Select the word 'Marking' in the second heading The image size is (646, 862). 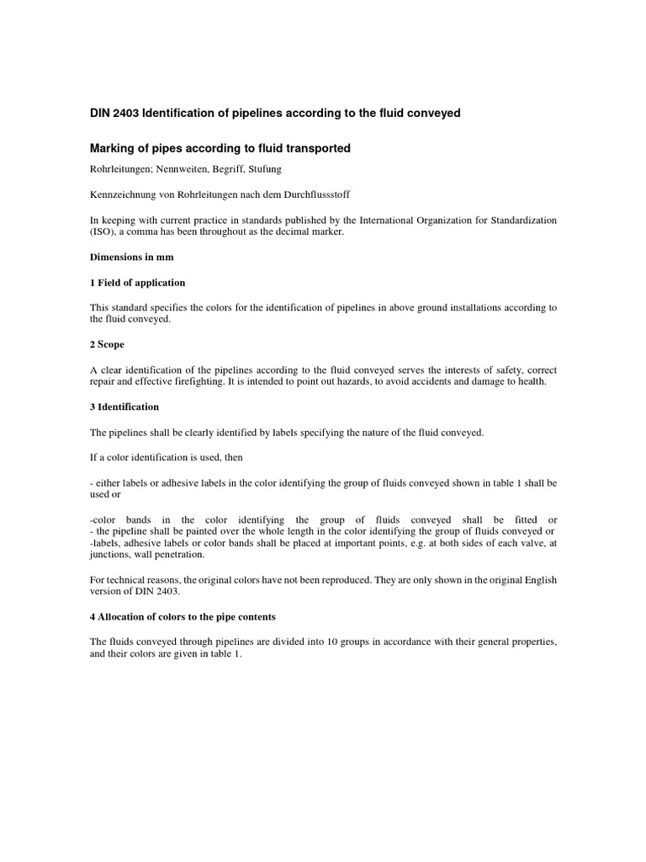point(113,149)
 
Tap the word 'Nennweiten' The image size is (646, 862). point(183,168)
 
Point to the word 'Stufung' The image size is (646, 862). point(262,168)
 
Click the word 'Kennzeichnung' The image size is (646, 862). point(123,194)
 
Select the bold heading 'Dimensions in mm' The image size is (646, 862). point(130,258)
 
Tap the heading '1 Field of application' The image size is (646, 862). point(137,283)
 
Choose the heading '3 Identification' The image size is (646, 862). point(124,407)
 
